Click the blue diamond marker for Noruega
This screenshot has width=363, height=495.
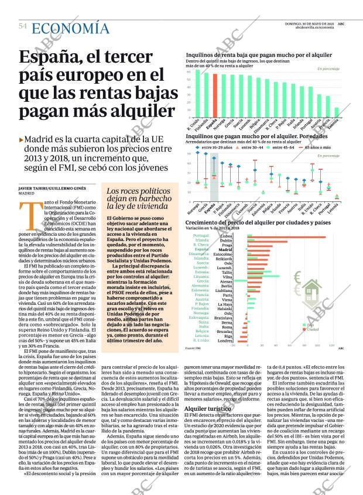point(189,154)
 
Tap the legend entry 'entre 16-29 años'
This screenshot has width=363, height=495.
point(217,147)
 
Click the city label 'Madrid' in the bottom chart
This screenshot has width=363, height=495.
point(225,250)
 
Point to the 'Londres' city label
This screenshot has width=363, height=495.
point(224,341)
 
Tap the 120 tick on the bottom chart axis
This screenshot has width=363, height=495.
point(331,346)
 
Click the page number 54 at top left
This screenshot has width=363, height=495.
point(23,26)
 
